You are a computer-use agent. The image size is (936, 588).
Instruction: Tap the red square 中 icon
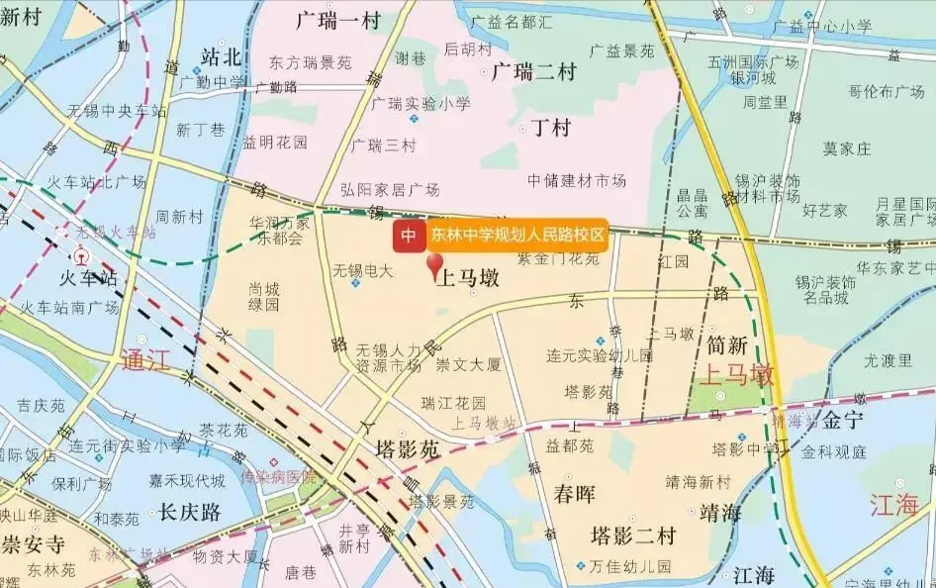(408, 236)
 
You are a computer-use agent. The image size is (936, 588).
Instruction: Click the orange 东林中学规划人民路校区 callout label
(515, 236)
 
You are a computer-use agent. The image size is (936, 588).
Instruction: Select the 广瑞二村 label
(534, 72)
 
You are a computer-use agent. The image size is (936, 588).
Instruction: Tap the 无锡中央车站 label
(117, 110)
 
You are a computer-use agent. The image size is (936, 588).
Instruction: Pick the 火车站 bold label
(75, 278)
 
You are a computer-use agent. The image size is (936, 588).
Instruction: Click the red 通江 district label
(145, 360)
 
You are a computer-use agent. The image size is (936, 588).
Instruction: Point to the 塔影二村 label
(633, 537)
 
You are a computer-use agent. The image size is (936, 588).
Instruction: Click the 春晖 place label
(574, 494)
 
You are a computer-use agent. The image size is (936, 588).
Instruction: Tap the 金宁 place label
(843, 420)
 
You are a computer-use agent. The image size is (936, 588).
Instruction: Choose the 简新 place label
(727, 345)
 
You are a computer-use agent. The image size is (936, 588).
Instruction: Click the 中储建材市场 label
(577, 180)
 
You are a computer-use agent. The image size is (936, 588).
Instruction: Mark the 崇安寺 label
(32, 543)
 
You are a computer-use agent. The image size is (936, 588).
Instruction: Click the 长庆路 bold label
(188, 512)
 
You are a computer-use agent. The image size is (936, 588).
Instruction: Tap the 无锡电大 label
(362, 270)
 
